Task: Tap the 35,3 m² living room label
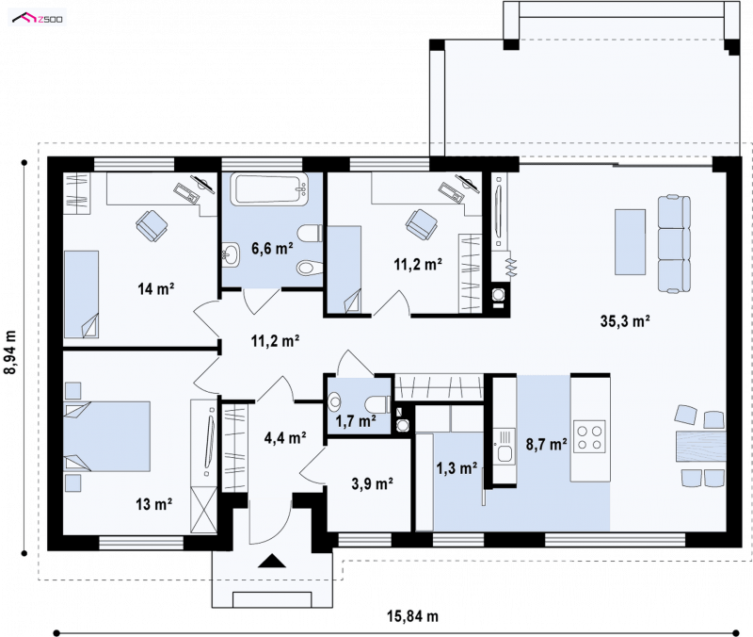(625, 320)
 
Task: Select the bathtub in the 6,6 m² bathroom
(270, 189)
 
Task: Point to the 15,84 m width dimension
(412, 616)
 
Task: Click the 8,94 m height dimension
(10, 351)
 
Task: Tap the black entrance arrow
(272, 561)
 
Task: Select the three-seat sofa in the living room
(674, 244)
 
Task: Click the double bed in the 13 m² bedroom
(106, 436)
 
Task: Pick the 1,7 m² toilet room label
(356, 421)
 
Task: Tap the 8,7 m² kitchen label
(547, 444)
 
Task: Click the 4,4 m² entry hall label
(285, 437)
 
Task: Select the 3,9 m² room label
(372, 483)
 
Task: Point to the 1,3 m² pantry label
(457, 467)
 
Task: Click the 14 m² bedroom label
(155, 289)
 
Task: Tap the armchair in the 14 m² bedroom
(152, 225)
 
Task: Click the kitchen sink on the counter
(505, 445)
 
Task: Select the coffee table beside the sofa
(630, 241)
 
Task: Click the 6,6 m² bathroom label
(272, 248)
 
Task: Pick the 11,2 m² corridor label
(275, 341)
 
